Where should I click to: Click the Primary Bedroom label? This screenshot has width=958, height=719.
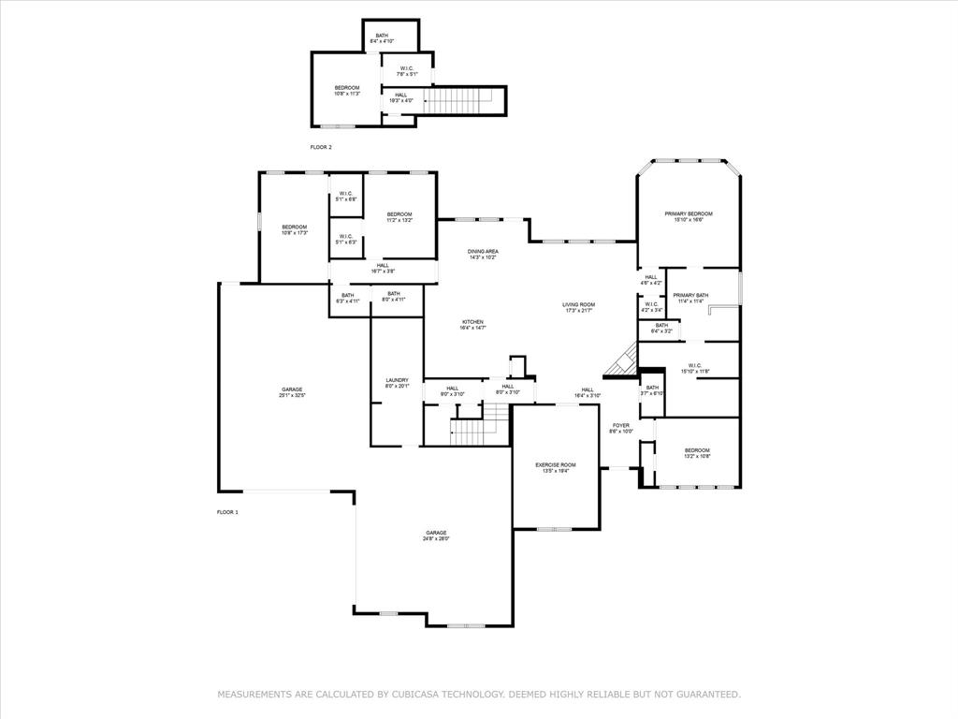(x=689, y=214)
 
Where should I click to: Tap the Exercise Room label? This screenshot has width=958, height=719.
(x=555, y=465)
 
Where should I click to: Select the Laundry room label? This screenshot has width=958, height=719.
(x=397, y=380)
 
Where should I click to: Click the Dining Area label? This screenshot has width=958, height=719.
(x=483, y=251)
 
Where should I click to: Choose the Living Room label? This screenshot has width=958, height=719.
(x=578, y=304)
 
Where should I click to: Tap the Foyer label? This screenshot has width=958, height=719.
(x=620, y=426)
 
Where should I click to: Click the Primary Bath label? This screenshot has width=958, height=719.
(x=690, y=296)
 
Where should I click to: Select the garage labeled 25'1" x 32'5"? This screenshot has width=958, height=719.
(x=292, y=389)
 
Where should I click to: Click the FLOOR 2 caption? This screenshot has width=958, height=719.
(x=321, y=147)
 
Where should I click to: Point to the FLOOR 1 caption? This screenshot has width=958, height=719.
(x=227, y=512)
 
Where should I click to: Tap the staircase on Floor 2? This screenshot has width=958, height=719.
(x=458, y=99)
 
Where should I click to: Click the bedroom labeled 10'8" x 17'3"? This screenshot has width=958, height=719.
(x=295, y=227)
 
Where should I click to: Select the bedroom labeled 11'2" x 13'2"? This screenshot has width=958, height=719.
(x=399, y=214)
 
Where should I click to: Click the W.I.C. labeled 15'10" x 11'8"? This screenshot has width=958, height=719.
(x=695, y=366)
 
